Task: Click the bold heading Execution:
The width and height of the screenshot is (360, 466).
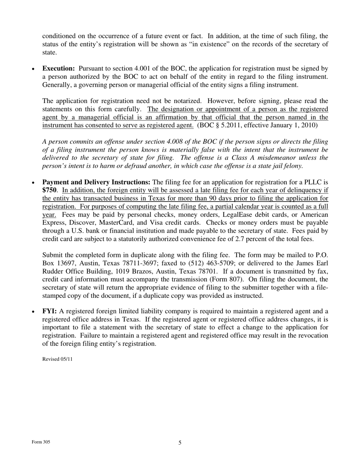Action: pos(58,69)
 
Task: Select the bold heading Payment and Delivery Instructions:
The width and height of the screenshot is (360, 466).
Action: pos(96,182)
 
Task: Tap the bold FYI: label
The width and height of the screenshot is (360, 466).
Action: pos(49,311)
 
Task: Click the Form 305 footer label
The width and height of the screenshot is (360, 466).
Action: pos(41,442)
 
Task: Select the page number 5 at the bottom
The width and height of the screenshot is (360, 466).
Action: pos(180,443)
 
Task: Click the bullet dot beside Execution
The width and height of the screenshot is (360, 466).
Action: pos(33,69)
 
